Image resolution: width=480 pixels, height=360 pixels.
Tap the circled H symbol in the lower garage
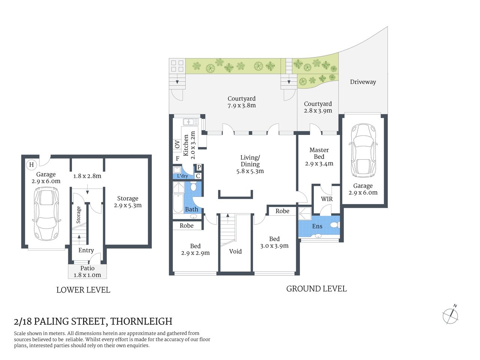pos(31,165)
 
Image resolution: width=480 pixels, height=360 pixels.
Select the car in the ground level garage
pos(363,150)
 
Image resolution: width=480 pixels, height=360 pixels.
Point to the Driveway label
pos(363,82)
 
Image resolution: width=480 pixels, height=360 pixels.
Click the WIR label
pos(327,199)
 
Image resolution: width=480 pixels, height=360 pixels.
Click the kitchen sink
pos(190,122)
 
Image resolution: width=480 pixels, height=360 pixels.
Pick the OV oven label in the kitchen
pos(177,145)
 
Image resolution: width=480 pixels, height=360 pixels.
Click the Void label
pos(235,252)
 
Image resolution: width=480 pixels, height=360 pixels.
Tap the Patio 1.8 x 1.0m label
pos(87,271)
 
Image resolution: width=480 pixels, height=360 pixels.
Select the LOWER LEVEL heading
pos(83,290)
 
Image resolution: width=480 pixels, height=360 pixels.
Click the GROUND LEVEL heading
pos(316,289)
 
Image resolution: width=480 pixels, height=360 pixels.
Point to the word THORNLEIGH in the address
pos(141,321)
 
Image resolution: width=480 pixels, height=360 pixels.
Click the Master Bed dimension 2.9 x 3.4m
pos(319,163)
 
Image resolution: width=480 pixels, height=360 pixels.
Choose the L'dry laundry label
pos(183,176)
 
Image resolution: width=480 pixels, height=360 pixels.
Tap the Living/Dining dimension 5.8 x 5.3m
pos(250,171)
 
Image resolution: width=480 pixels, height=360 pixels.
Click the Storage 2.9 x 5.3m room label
pos(127,202)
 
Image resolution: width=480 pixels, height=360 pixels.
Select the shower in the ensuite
pos(304,214)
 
